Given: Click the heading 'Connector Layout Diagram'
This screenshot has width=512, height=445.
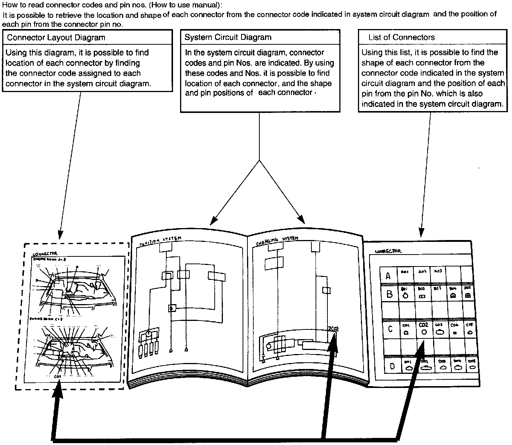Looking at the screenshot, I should tap(56, 38).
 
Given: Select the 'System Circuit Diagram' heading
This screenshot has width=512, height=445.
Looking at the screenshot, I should tap(228, 37).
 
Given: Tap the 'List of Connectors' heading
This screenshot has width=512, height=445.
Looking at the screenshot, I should tap(401, 37).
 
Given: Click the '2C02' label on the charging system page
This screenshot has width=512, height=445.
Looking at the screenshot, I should tap(333, 328).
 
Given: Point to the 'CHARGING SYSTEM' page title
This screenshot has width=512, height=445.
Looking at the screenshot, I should tap(277, 241).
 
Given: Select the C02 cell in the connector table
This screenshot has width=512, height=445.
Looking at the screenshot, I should tap(423, 328).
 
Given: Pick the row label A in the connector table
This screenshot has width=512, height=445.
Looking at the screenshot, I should tap(388, 276).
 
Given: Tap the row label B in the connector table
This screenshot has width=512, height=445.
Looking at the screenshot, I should tap(389, 294).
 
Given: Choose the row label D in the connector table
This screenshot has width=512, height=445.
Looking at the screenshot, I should tap(392, 366).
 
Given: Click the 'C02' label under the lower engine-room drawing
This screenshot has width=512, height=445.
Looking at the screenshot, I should tap(58, 376).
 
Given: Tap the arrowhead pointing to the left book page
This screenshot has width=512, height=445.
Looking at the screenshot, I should tap(212, 222).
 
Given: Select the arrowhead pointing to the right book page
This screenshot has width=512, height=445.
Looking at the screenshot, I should tap(302, 221).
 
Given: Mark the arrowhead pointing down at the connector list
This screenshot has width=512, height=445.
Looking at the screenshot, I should tap(421, 233).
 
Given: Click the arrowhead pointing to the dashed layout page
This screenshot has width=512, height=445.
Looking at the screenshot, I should tap(60, 236).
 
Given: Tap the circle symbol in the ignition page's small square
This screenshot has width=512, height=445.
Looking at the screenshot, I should tap(172, 308).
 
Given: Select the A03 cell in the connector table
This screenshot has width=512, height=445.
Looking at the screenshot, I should tap(438, 272).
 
